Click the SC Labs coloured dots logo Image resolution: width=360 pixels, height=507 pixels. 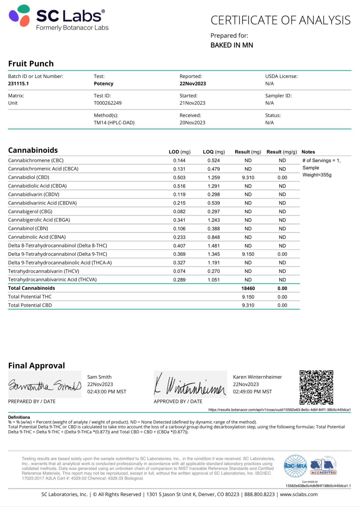[20, 16]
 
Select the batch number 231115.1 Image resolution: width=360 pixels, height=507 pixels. [18, 84]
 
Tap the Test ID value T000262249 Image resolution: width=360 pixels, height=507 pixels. [108, 103]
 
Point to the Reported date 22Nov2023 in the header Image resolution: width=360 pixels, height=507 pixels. [192, 84]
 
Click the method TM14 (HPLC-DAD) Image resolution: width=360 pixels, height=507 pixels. [114, 123]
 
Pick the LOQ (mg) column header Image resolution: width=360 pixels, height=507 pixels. [214, 152]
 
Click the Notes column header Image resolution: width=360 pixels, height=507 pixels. [308, 152]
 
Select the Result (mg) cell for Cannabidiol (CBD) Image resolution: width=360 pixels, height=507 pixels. [248, 178]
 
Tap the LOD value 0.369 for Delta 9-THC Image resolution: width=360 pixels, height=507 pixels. [179, 254]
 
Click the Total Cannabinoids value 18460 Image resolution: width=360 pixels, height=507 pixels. [248, 288]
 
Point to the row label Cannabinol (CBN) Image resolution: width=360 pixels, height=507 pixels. [28, 228]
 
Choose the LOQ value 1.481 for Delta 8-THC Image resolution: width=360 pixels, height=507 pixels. [214, 246]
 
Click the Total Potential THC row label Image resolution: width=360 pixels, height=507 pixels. [30, 297]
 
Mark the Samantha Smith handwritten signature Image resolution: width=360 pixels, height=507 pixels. [45, 385]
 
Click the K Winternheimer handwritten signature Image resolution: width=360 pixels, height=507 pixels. [190, 385]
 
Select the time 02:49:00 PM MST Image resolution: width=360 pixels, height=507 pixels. [252, 392]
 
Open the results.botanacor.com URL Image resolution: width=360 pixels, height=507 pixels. [279, 410]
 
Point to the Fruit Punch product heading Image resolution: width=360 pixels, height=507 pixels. [31, 64]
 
